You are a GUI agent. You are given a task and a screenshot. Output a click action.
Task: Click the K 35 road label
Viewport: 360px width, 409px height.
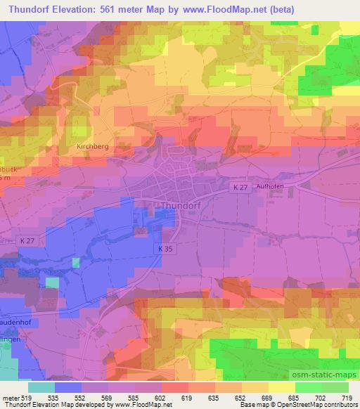pos(166,249)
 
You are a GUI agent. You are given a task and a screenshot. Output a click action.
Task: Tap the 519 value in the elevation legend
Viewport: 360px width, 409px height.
pos(29,397)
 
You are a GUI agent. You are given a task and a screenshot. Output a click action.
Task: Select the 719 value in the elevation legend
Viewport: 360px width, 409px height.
pos(347,397)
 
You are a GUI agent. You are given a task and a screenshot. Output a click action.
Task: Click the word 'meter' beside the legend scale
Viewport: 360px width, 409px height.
pos(11,397)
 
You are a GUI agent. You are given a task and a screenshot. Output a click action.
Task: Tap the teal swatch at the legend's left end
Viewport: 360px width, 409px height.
pos(41,387)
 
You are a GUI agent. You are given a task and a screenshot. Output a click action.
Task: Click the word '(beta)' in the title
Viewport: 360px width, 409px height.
pos(280,9)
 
